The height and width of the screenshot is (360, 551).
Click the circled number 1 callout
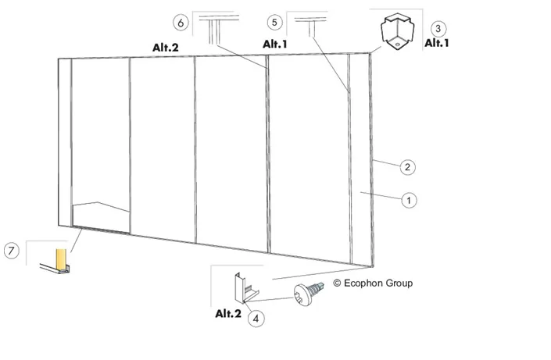pyautogui.click(x=409, y=200)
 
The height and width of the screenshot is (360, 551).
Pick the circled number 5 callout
pyautogui.click(x=274, y=23)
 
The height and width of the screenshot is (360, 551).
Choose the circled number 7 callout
pyautogui.click(x=11, y=251)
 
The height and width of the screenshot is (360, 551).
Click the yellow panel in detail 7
pyautogui.click(x=61, y=258)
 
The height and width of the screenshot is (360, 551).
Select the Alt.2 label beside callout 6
pyautogui.click(x=165, y=48)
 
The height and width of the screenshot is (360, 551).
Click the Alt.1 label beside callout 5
pyautogui.click(x=275, y=45)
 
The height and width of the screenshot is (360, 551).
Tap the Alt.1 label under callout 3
pyautogui.click(x=437, y=43)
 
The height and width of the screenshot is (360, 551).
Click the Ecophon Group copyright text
pyautogui.click(x=373, y=283)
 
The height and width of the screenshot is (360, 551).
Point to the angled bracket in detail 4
pyautogui.click(x=245, y=290)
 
